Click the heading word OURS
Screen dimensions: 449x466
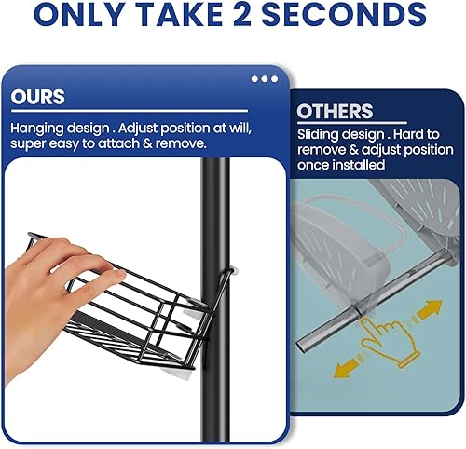pyautogui.click(x=38, y=97)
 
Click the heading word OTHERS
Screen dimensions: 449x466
pyautogui.click(x=335, y=112)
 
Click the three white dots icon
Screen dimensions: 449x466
pyautogui.click(x=264, y=79)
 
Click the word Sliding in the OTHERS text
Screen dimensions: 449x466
pyautogui.click(x=319, y=135)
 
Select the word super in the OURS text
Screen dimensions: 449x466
pyautogui.click(x=29, y=144)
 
